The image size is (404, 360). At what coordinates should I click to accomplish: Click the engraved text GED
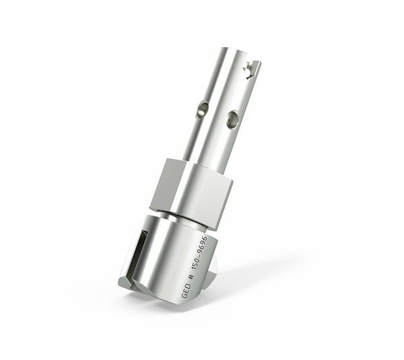pyautogui.click(x=187, y=291)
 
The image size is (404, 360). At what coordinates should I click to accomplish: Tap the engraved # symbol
pyautogui.click(x=191, y=277)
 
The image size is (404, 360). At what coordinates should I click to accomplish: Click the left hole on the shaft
pyautogui.click(x=202, y=110)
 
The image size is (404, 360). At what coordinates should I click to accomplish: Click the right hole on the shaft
pyautogui.click(x=232, y=120)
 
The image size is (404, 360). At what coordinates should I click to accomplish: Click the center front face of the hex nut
pyautogui.click(x=195, y=192)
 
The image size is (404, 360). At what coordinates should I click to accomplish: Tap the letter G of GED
pyautogui.click(x=185, y=296)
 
